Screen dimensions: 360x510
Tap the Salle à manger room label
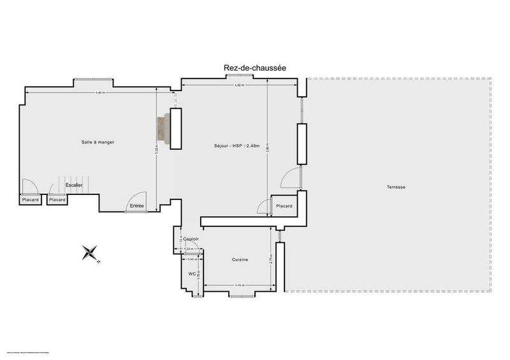point(98,141)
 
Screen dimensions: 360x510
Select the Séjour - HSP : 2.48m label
point(237,146)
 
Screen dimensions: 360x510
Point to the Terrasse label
point(396,187)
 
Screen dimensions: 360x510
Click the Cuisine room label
point(240,259)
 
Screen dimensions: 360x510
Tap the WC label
point(192,274)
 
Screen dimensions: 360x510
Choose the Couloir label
point(191,239)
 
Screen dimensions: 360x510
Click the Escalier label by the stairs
point(74,185)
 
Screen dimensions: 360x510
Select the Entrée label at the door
point(137,206)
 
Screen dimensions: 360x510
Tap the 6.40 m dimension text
point(99,93)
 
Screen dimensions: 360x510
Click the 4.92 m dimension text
point(238,85)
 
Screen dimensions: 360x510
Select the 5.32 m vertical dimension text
point(157,152)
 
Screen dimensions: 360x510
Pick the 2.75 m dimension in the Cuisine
point(272,260)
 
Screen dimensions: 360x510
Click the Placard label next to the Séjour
point(284,206)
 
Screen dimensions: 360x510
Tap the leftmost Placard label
point(30,200)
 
